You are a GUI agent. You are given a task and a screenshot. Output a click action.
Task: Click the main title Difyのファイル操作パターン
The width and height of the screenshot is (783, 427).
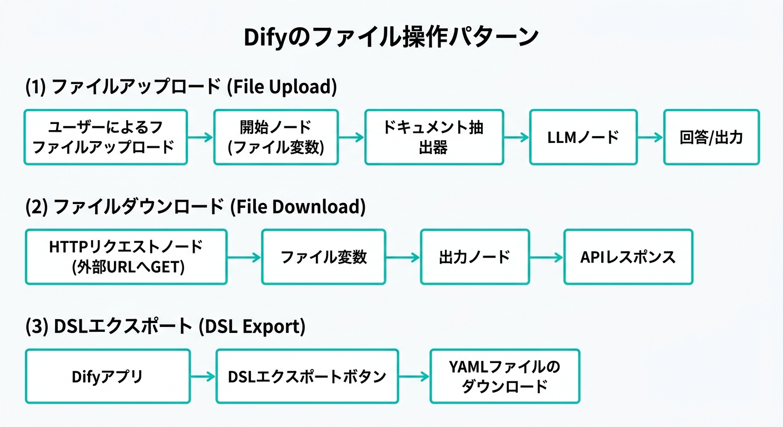click(391, 38)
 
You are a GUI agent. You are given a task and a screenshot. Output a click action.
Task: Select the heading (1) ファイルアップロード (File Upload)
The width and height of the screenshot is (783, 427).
click(181, 87)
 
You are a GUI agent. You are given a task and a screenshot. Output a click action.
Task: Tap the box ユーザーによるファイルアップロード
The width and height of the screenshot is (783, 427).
click(106, 137)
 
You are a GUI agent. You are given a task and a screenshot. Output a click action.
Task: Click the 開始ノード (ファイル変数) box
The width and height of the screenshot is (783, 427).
click(276, 137)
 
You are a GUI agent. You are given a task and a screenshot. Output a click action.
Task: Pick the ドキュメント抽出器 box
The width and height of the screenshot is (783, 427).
click(433, 137)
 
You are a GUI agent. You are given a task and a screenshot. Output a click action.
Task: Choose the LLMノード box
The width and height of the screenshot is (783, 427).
click(582, 137)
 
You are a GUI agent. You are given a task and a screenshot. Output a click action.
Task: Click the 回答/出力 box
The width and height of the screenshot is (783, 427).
click(711, 137)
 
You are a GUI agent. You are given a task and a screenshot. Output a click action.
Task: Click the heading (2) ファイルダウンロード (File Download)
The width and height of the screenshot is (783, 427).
click(196, 207)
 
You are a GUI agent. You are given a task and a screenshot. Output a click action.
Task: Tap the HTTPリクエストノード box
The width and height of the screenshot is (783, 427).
click(126, 257)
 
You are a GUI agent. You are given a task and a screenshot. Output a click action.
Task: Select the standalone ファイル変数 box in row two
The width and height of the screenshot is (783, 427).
click(324, 257)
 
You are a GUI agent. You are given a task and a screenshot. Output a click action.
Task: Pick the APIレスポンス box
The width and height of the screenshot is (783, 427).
click(628, 257)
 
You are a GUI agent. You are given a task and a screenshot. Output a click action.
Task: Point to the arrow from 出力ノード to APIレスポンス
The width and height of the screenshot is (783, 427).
click(546, 257)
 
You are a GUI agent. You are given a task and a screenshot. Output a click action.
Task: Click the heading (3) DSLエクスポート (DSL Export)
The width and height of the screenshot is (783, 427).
click(166, 327)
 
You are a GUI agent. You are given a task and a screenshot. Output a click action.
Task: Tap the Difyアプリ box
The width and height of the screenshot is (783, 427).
click(107, 376)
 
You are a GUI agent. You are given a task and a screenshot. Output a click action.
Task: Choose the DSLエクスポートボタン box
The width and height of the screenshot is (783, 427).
click(307, 376)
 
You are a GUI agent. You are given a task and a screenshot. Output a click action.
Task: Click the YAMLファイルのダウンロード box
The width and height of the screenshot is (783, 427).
click(504, 376)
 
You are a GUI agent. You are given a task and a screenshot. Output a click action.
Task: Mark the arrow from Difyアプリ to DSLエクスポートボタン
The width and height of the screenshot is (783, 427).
click(203, 376)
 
